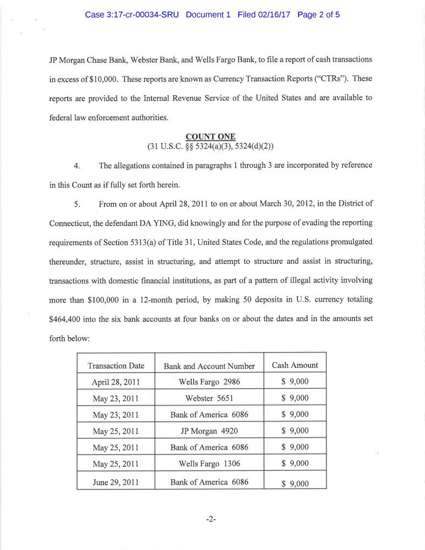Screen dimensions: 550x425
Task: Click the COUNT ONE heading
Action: point(210,136)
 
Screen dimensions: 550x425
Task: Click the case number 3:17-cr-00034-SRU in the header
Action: point(132,15)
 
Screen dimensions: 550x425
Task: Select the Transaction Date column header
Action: point(116,366)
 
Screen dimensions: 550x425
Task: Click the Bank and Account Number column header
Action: point(209,366)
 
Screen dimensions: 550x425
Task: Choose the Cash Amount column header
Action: point(295,365)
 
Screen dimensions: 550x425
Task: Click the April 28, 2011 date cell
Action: point(116,382)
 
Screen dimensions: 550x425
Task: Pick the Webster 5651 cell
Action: point(209,398)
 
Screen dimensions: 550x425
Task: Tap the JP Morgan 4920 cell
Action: point(209,431)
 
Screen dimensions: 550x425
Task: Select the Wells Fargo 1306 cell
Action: point(209,464)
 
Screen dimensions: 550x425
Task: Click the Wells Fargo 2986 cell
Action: point(209,382)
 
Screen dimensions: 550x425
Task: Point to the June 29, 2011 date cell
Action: point(116,482)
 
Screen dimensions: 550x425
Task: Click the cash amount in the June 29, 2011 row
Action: point(295,483)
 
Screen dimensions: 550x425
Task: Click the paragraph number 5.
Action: point(78,204)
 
